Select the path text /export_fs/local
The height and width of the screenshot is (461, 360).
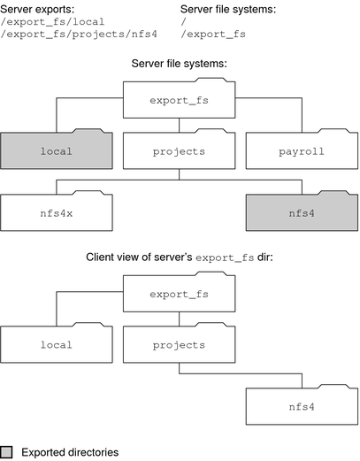pyautogui.click(x=55, y=22)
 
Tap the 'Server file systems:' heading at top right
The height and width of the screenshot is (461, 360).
pyautogui.click(x=228, y=9)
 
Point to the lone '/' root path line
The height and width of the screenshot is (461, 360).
pyautogui.click(x=184, y=22)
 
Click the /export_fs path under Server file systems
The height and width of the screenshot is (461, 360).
pyautogui.click(x=212, y=35)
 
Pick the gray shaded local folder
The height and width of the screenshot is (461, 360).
pyautogui.click(x=57, y=150)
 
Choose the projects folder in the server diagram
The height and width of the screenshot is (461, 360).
pyautogui.click(x=180, y=150)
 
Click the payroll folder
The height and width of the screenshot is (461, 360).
pyautogui.click(x=302, y=150)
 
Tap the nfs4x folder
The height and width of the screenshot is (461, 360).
pyautogui.click(x=57, y=212)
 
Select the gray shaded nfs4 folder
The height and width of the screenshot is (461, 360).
pyautogui.click(x=302, y=212)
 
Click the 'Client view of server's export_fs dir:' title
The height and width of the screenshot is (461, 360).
pyautogui.click(x=180, y=257)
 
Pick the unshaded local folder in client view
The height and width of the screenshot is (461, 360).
pyautogui.click(x=57, y=342)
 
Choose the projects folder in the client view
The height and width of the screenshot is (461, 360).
pyautogui.click(x=180, y=342)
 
